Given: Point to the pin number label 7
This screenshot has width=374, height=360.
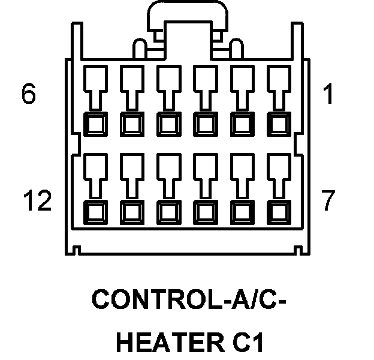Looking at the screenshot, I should point(328,202).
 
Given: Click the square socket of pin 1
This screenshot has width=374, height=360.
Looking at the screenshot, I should point(278,124).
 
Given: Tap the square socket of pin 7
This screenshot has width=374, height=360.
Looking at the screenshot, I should point(278,211).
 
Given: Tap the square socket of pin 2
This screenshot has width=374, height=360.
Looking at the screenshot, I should point(241,124).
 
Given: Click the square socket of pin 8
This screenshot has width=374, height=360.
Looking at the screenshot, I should point(241,211).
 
